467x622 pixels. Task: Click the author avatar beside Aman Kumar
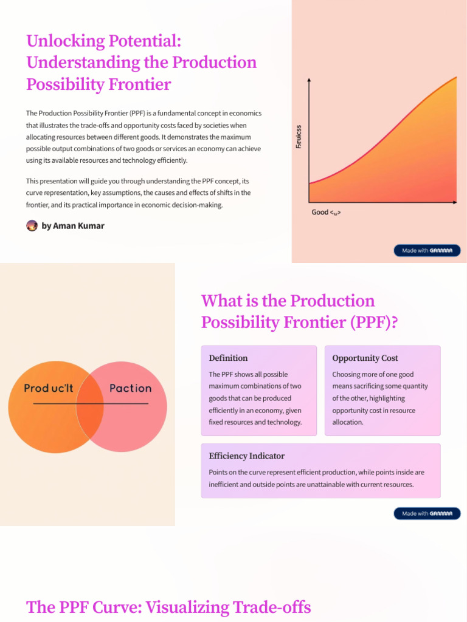pyautogui.click(x=32, y=226)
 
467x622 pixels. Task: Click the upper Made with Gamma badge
pyautogui.click(x=427, y=250)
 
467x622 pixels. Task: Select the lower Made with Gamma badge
pyautogui.click(x=427, y=514)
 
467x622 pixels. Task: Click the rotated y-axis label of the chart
pyautogui.click(x=299, y=138)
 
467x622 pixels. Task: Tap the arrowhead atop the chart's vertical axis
pyautogui.click(x=310, y=80)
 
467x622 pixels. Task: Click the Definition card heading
pyautogui.click(x=228, y=358)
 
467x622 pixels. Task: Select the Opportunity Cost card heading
pyautogui.click(x=365, y=358)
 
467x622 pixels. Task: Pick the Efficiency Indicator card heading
pyautogui.click(x=246, y=456)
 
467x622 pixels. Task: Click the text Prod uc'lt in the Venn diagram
pyautogui.click(x=49, y=388)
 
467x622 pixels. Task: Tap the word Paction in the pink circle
pyautogui.click(x=130, y=388)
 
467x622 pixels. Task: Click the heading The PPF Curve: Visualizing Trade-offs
pyautogui.click(x=168, y=607)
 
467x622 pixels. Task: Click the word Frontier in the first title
pyautogui.click(x=140, y=84)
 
